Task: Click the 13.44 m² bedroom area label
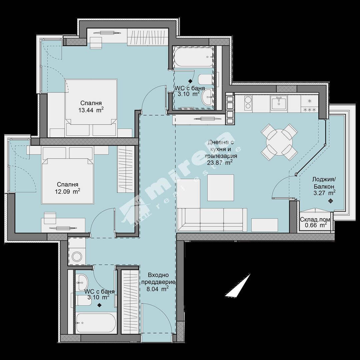[91, 110]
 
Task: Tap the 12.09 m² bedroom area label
[67, 191]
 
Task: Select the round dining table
[279, 142]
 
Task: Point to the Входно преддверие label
[158, 278]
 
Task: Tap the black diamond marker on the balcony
[331, 201]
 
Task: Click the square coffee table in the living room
[220, 188]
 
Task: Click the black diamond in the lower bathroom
[99, 305]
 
